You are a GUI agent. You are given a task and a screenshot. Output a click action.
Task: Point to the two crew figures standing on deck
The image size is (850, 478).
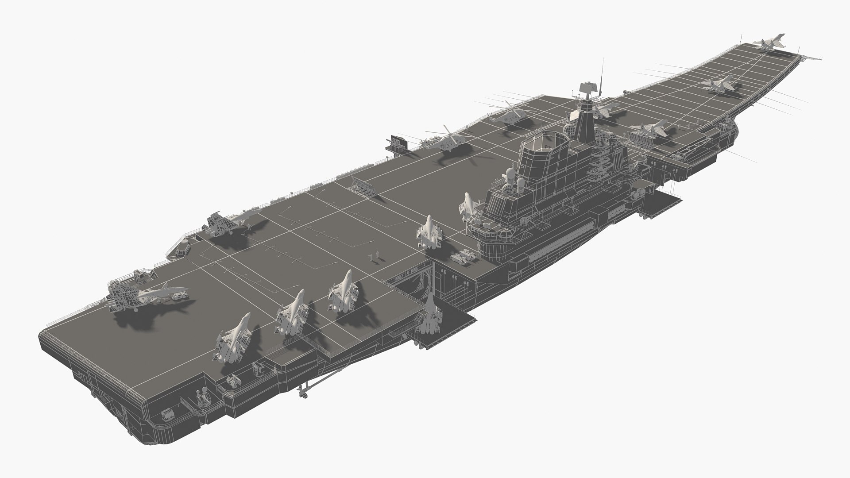[375, 255]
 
